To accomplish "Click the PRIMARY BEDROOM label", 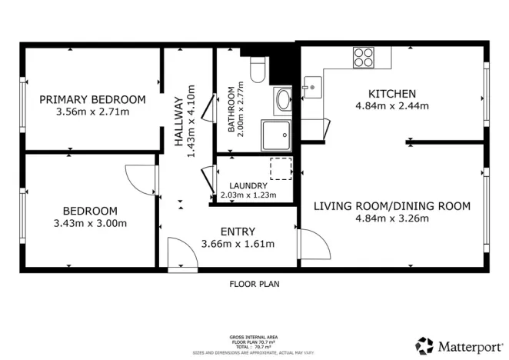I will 92,100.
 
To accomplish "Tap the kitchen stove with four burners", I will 364,57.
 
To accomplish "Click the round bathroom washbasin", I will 283,99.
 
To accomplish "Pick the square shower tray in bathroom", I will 276,134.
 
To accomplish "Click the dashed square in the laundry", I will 281,168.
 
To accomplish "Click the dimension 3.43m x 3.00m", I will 90,224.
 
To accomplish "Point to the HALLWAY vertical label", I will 178,116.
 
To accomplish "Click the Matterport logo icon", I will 424,345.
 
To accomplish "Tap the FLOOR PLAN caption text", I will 254,284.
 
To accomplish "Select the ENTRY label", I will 238,232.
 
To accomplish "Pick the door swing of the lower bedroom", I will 140,179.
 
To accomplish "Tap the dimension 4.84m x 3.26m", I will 391,218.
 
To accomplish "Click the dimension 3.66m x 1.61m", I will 238,244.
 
